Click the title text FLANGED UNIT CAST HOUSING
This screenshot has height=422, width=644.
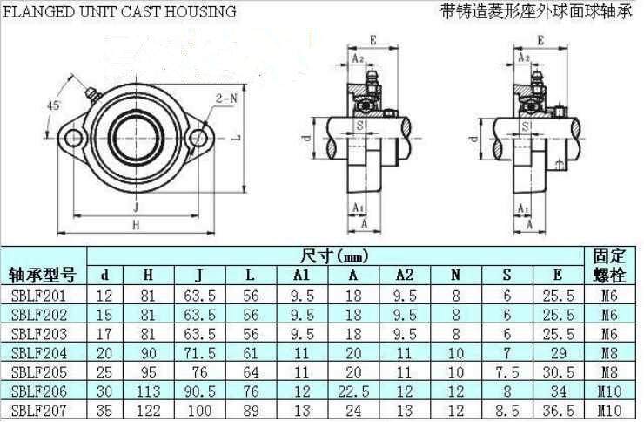click(x=118, y=11)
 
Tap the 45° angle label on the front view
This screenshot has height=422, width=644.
click(x=53, y=105)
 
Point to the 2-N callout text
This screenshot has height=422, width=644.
click(x=227, y=99)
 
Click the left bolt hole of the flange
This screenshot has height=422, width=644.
click(x=76, y=138)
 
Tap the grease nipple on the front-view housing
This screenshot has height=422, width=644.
click(x=91, y=94)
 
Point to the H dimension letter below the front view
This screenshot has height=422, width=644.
click(x=137, y=225)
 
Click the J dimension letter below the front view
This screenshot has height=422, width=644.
click(x=137, y=207)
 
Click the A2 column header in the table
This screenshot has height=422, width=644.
click(x=404, y=276)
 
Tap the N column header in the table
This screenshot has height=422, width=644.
click(x=455, y=276)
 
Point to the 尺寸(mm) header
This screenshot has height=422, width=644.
click(x=334, y=255)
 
